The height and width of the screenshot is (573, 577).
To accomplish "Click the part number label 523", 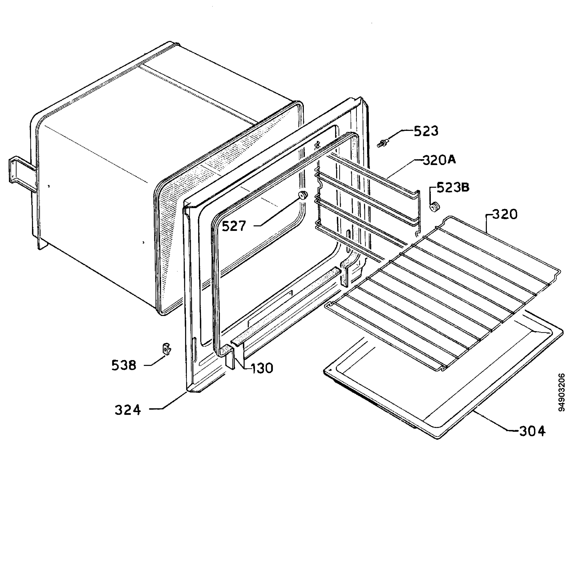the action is pos(426,131).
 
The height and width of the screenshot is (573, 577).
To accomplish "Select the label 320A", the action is pos(439,161).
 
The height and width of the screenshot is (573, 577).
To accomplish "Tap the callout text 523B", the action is pos(453,187).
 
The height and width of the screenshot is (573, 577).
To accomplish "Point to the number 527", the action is pos(234,226).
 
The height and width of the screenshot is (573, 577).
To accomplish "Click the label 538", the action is pos(124,365).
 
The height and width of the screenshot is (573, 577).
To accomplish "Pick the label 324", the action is pos(127,410).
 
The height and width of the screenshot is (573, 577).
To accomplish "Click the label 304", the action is pos(533,431).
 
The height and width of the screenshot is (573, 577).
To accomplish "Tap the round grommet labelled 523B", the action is pos(434,206).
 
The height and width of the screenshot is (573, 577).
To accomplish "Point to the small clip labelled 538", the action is pos(167,349).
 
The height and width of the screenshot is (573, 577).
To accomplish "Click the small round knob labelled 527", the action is pos(303,195).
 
